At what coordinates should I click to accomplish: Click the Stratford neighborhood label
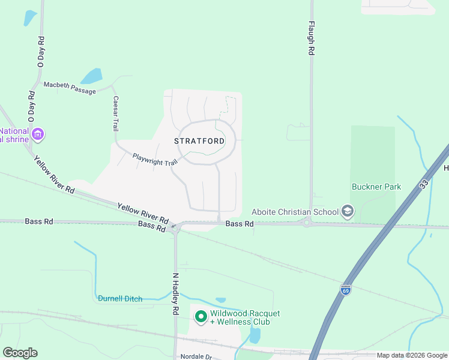click(200, 141)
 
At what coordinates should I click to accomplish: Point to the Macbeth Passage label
click(70, 88)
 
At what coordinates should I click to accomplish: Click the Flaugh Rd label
click(312, 39)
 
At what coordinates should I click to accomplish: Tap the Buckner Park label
click(376, 187)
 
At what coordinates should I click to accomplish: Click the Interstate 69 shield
click(345, 290)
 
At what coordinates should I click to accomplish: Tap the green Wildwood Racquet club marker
click(200, 316)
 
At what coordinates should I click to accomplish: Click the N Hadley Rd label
click(176, 294)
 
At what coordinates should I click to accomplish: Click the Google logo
click(20, 352)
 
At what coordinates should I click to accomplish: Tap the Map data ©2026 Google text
click(412, 356)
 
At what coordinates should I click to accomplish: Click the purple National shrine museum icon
click(39, 133)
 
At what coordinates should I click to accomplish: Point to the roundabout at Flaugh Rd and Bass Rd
click(307, 223)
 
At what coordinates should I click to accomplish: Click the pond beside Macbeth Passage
click(91, 76)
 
